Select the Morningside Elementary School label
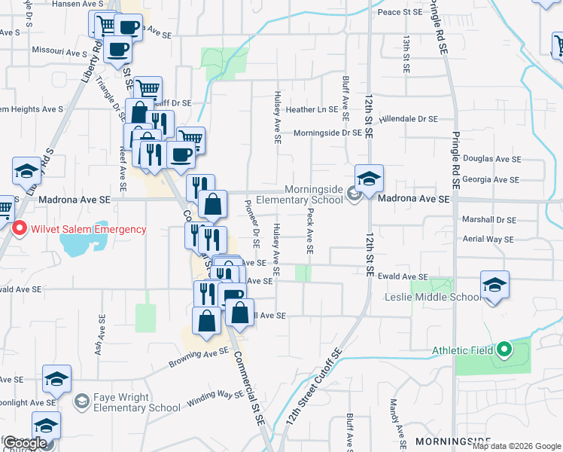click(x=300, y=195)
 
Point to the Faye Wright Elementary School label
click(x=136, y=402)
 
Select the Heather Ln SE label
click(x=312, y=109)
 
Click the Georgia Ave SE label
click(x=491, y=179)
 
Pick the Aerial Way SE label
click(x=487, y=239)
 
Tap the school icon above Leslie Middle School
click(x=495, y=285)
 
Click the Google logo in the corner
click(x=25, y=443)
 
